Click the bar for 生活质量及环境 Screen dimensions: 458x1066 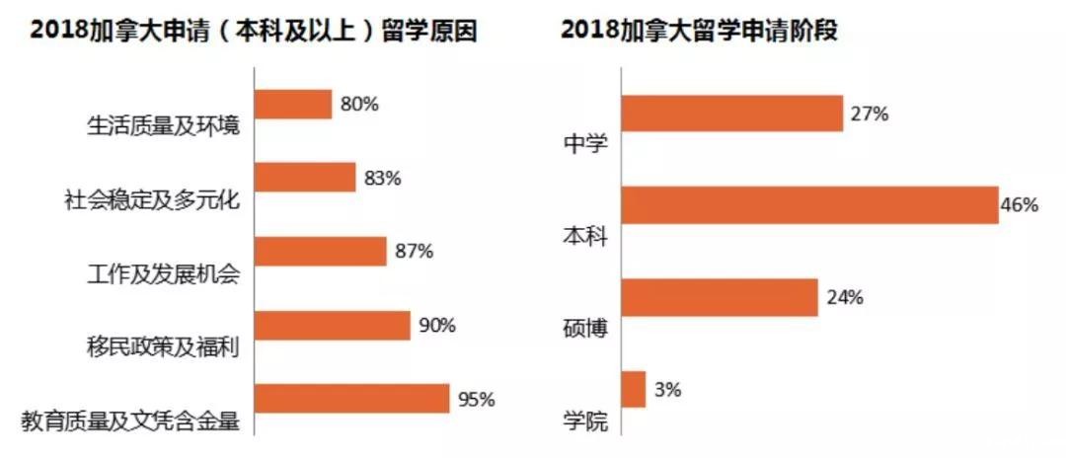(x=293, y=104)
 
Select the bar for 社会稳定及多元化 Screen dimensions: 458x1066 (x=305, y=177)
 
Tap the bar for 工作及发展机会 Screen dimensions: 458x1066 (x=320, y=251)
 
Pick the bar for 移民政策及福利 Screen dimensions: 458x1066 (x=332, y=325)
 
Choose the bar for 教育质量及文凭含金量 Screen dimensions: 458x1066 (x=351, y=399)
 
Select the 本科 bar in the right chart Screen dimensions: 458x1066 (x=808, y=204)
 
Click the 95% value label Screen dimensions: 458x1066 (x=476, y=400)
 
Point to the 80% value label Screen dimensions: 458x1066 (x=359, y=104)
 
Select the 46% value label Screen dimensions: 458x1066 (x=1019, y=205)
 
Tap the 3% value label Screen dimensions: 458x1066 (x=667, y=390)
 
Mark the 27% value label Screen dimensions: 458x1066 (x=869, y=114)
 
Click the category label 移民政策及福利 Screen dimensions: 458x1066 (x=163, y=347)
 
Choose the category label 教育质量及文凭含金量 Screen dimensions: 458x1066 (x=130, y=421)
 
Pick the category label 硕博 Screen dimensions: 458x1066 (x=585, y=329)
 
